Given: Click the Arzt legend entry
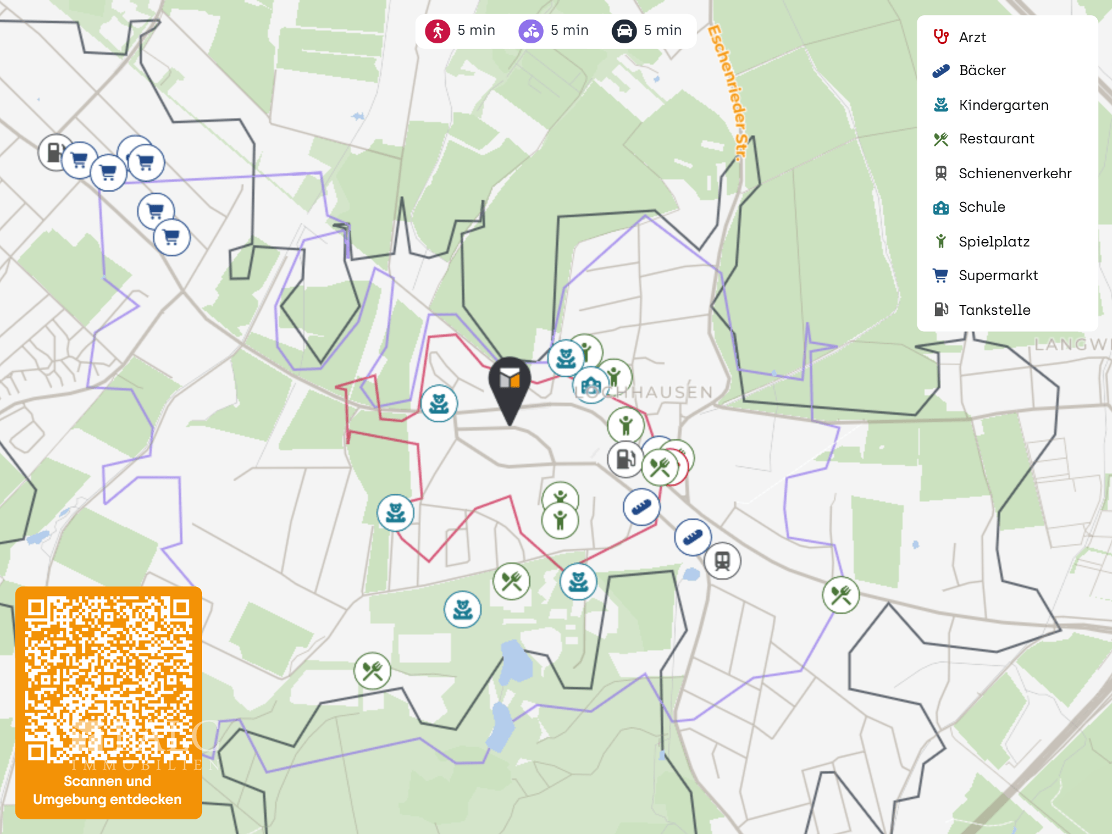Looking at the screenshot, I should [972, 37].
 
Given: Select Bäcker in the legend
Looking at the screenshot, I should [981, 71].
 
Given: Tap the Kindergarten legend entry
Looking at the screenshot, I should [1003, 105].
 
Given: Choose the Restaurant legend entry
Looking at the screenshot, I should [995, 139].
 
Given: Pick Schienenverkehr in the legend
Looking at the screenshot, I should [1014, 173].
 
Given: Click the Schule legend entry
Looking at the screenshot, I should [981, 207].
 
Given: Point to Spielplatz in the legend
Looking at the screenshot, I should [993, 242].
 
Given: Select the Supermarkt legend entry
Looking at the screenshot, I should [997, 276].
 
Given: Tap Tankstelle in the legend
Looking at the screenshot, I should [994, 310].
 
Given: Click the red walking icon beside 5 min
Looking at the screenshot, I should [438, 31].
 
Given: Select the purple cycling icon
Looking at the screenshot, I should [531, 31].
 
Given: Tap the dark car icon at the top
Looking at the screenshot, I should [624, 31].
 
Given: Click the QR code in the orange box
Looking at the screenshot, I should [109, 680].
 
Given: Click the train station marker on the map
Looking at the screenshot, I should [723, 561].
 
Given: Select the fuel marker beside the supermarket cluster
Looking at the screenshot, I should [55, 153].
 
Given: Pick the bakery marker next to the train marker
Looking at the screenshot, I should [692, 537].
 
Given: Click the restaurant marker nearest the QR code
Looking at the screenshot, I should [372, 671].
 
